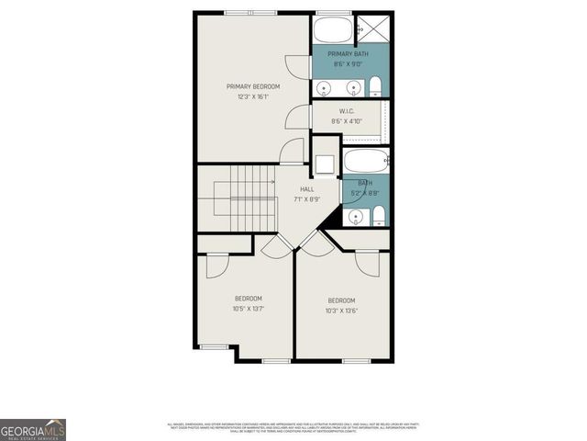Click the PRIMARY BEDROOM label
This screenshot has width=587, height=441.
[x=253, y=86]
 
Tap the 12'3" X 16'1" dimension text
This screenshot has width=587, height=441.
[x=253, y=96]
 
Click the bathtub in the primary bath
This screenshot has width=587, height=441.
[x=332, y=29]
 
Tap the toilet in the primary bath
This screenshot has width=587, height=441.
[x=375, y=87]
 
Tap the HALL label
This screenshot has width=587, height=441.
[x=306, y=189]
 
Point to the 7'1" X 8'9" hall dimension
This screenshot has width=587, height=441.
[x=306, y=199]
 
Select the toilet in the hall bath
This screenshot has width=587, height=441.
[x=377, y=217]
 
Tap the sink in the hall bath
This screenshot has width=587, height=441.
[x=354, y=217]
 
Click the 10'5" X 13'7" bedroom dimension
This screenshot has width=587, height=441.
[x=249, y=309]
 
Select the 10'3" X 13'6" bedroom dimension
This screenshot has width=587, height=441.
[x=341, y=311]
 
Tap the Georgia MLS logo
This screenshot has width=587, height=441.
[x=33, y=429]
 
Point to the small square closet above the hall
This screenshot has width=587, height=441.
[x=324, y=165]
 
